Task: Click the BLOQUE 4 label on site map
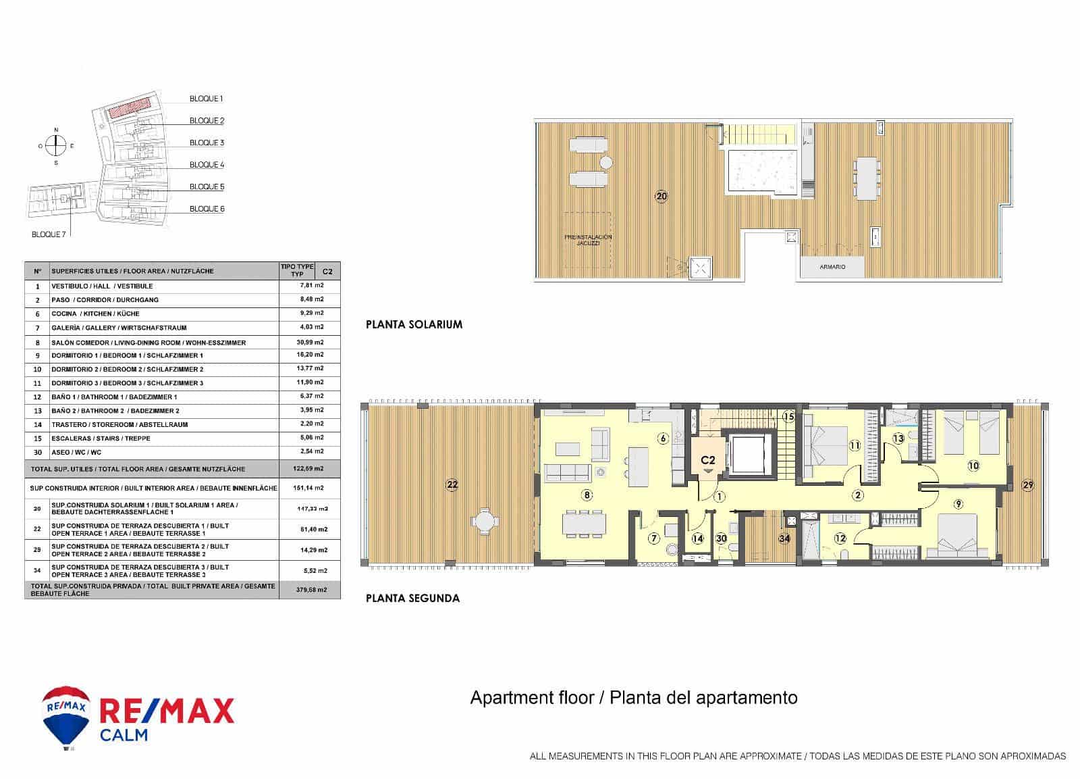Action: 207,165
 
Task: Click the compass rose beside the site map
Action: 57,145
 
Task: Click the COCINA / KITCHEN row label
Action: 95,313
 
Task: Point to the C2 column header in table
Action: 327,271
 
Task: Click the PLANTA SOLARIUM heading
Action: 414,324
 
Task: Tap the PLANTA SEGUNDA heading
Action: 412,598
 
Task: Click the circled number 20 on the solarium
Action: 661,197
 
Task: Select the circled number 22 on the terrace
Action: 452,484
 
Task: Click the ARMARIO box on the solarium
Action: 832,267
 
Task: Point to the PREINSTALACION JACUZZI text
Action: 588,240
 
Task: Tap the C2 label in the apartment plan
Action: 707,460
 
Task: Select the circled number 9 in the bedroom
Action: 959,503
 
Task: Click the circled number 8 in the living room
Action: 587,495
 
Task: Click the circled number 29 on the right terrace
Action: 1027,485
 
